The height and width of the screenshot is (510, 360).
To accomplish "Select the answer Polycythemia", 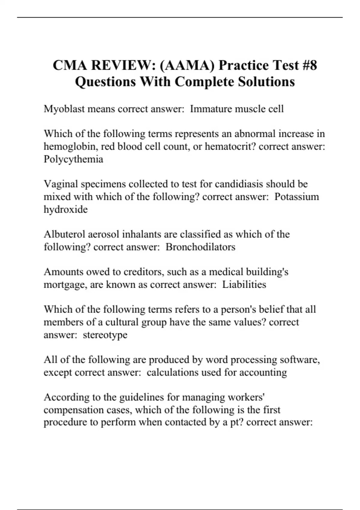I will click(73, 159).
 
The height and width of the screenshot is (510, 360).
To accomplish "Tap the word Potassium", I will click(297, 197).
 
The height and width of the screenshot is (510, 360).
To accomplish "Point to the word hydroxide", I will click(66, 209).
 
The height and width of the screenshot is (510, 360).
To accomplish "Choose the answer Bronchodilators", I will click(200, 247).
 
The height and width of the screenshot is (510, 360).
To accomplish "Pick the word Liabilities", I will click(244, 284).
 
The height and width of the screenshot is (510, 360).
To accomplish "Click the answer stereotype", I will click(105, 335).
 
